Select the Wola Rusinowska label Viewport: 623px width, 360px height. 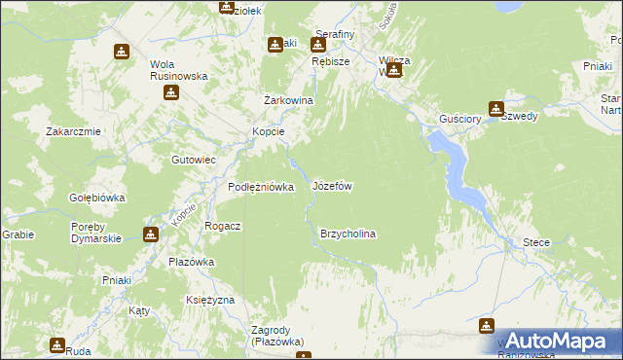point(167,71)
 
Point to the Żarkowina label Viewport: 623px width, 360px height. point(288,100)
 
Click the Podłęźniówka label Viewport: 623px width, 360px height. point(261,187)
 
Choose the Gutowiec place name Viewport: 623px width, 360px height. point(193,159)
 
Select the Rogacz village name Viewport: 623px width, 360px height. point(222,225)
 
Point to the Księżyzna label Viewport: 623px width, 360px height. point(209,300)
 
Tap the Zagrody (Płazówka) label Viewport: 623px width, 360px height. point(276,336)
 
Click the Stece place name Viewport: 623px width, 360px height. point(536,241)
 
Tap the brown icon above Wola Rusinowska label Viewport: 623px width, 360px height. point(121,52)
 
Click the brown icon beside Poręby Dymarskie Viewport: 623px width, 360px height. point(151,234)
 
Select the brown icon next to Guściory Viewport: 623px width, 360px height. point(496,109)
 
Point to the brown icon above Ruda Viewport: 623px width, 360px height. point(57,343)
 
